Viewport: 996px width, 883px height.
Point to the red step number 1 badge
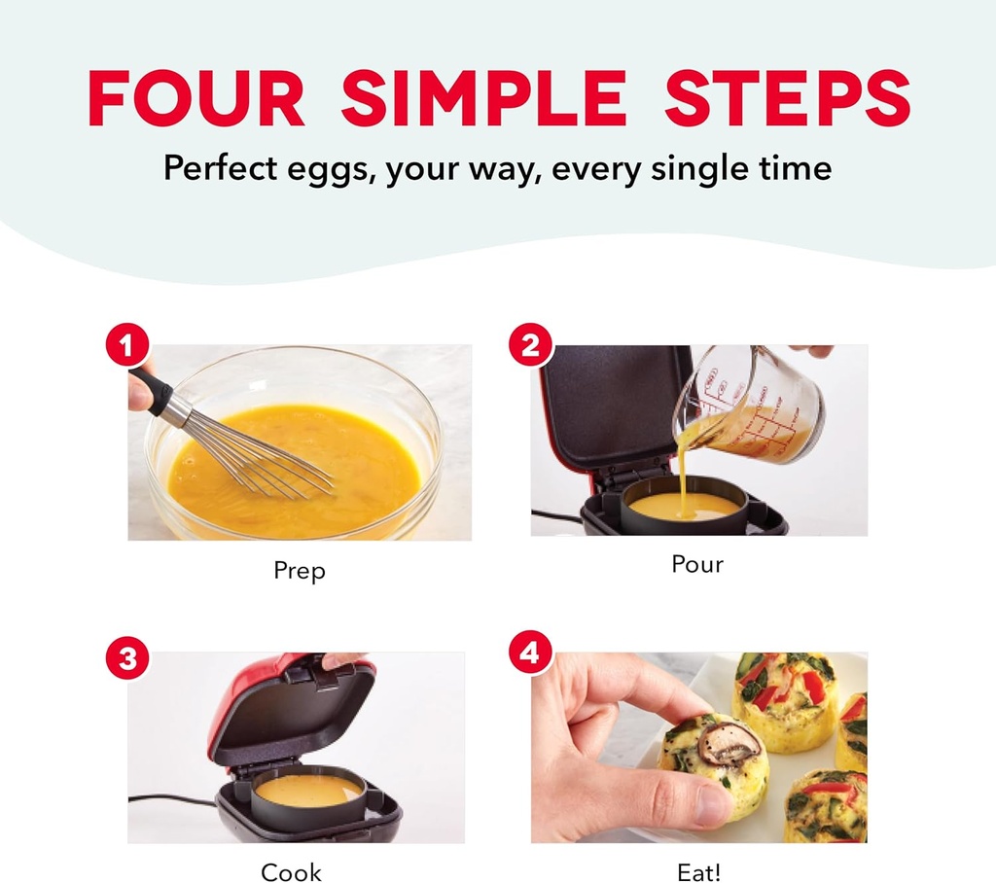tap(126, 346)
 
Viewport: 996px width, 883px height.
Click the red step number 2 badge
tap(531, 346)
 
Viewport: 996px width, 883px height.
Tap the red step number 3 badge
tap(126, 659)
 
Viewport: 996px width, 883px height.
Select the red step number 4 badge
tap(530, 653)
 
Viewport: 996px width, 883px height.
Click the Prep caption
tap(300, 571)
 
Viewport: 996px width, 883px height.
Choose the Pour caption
tap(697, 564)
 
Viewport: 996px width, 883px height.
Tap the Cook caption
tap(291, 872)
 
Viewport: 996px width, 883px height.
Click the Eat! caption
tap(698, 872)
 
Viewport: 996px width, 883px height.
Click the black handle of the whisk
tap(152, 388)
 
